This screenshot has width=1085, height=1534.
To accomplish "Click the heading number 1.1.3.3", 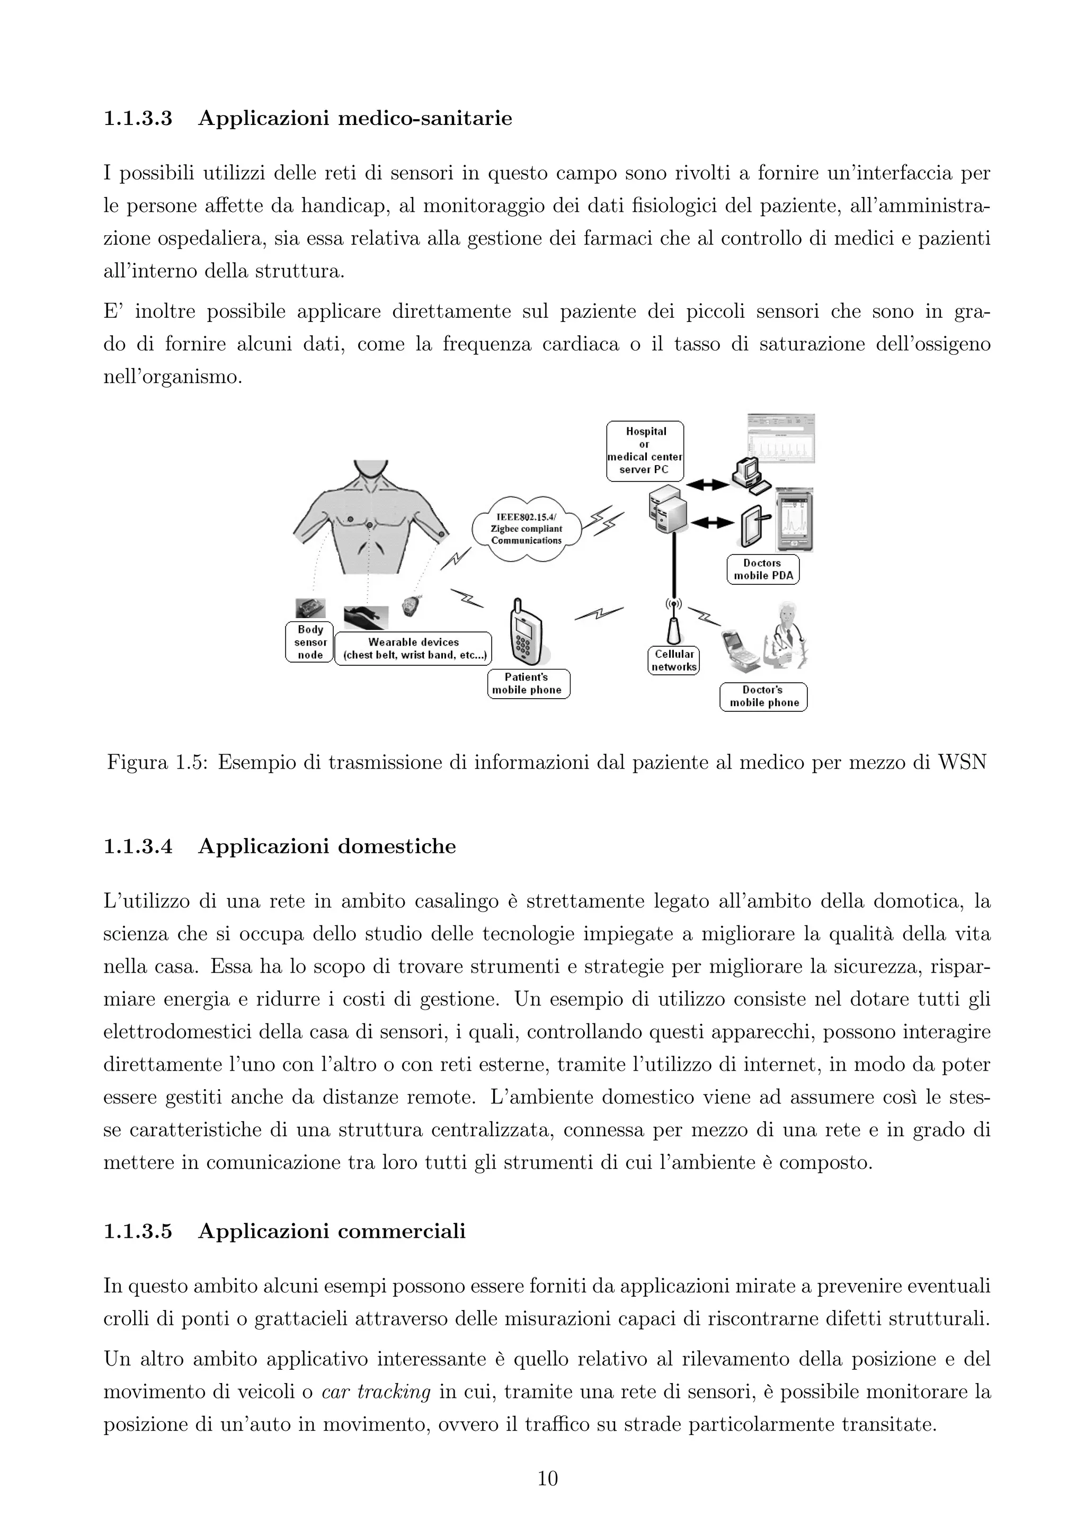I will (138, 119).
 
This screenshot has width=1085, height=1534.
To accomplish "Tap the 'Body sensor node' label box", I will (309, 642).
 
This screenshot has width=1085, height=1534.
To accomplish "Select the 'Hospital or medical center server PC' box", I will (645, 450).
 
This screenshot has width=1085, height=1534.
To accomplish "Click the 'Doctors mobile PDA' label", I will (762, 569).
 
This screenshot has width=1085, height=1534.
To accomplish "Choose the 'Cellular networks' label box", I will (673, 660).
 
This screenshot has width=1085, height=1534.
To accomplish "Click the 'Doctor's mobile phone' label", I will (763, 696).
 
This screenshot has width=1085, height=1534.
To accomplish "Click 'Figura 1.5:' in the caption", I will (158, 762).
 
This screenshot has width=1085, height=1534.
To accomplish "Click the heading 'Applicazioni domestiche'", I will (327, 846).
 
